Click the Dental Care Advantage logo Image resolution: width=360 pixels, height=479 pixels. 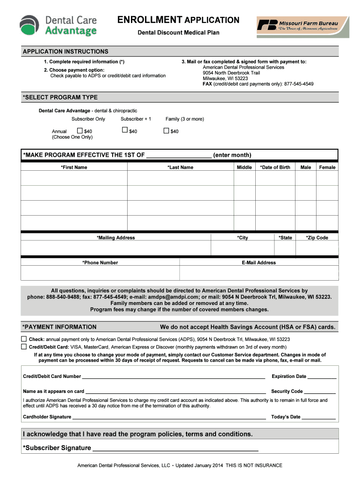(x=58, y=25)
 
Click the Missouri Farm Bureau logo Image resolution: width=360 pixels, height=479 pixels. (x=302, y=26)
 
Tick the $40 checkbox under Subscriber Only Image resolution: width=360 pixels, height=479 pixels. (x=79, y=131)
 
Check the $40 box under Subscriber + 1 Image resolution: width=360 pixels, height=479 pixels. (x=125, y=131)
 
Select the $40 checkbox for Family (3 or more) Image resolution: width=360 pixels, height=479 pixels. (x=166, y=131)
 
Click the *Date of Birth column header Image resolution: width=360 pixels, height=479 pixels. (x=275, y=167)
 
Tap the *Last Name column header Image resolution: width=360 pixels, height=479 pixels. (x=180, y=167)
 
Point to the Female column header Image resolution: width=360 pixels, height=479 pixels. (x=327, y=167)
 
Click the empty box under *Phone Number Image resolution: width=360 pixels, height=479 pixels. (x=100, y=273)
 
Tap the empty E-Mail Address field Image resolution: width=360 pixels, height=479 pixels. (x=259, y=273)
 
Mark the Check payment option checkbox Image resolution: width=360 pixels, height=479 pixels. (x=24, y=339)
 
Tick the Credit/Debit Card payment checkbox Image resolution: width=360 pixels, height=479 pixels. (x=24, y=347)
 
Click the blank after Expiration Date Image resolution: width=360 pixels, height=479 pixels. (x=322, y=377)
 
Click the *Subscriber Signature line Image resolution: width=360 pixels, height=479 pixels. (x=175, y=449)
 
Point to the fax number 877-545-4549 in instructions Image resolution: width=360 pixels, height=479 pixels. (x=294, y=84)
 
